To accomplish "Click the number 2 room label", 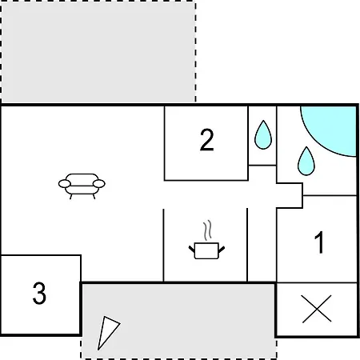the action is [x=206, y=140].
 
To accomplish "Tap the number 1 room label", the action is [x=319, y=242].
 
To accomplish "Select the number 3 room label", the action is [x=39, y=293].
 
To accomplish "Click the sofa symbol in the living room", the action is [x=82, y=186].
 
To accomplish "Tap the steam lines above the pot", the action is [x=207, y=230].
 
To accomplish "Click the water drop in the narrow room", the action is [x=263, y=135].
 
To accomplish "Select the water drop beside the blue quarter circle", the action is [x=306, y=161].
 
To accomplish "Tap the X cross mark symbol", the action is [x=317, y=309].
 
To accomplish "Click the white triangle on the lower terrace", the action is [x=106, y=330].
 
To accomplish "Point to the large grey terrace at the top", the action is [x=98, y=51].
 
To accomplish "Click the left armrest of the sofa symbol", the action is [x=65, y=184].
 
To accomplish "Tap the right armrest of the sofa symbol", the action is [x=99, y=184].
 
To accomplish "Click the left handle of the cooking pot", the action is [x=192, y=250].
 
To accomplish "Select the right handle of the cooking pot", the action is [x=222, y=250].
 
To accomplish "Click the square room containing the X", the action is [x=317, y=310].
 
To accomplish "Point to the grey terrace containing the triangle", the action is [x=178, y=321].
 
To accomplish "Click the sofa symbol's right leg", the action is [x=94, y=197].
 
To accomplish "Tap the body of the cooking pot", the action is [x=206, y=251].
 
